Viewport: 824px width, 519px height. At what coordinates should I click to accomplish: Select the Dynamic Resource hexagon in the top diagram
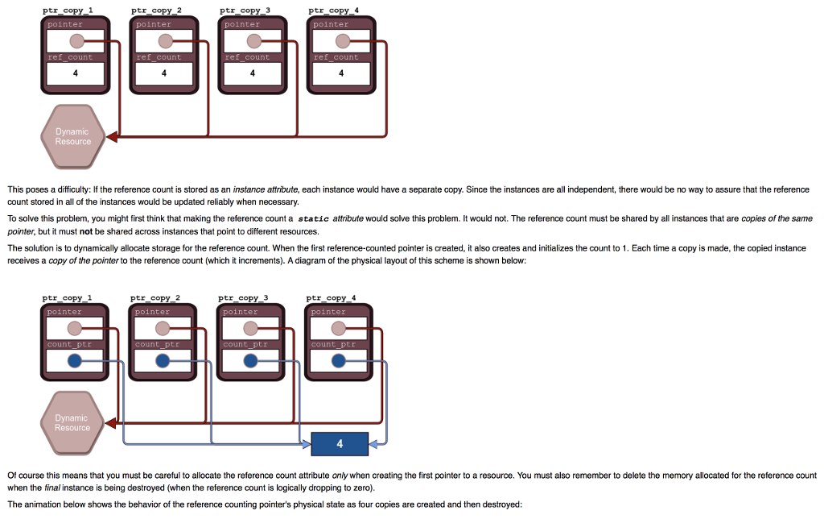tap(72, 136)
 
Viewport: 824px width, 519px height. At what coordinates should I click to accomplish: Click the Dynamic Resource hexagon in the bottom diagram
tap(72, 422)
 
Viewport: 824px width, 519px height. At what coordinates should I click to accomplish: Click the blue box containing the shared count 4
tap(340, 443)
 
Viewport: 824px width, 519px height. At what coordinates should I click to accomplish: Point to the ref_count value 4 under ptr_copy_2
tap(163, 74)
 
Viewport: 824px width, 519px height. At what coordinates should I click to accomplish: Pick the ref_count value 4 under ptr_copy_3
tap(252, 74)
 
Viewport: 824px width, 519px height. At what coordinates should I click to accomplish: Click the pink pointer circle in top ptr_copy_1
tap(76, 41)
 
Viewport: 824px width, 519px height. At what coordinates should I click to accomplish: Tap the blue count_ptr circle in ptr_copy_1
tap(75, 361)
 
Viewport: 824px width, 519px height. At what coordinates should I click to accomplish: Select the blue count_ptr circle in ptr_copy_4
tap(339, 361)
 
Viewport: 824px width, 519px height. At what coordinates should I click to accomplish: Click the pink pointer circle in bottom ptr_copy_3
tap(251, 328)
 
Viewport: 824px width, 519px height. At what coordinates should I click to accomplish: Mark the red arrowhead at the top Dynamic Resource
tap(111, 136)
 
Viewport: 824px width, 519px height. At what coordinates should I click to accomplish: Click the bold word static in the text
tap(313, 218)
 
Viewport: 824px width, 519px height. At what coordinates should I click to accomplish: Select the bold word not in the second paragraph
tap(87, 230)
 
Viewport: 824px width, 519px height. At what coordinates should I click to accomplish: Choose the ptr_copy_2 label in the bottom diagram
tap(155, 298)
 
